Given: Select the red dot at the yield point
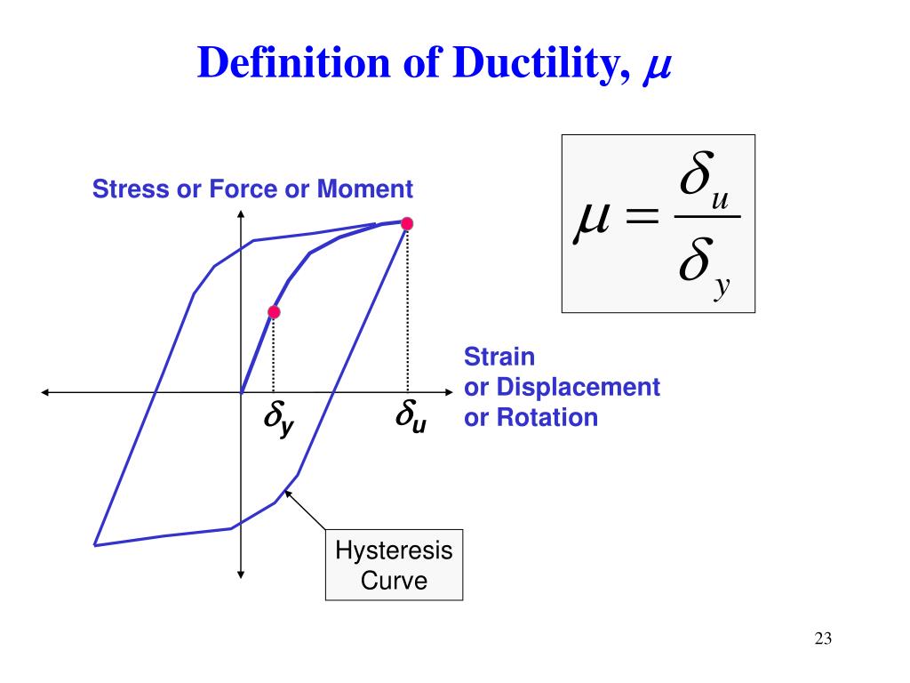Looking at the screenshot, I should (x=274, y=312).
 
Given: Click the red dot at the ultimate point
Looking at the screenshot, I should (x=407, y=223).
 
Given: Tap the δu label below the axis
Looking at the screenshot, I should (x=411, y=417).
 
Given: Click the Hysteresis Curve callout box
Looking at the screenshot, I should (x=394, y=566).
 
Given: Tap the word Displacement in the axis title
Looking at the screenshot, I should (x=578, y=388).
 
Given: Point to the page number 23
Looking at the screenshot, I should (x=822, y=638).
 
